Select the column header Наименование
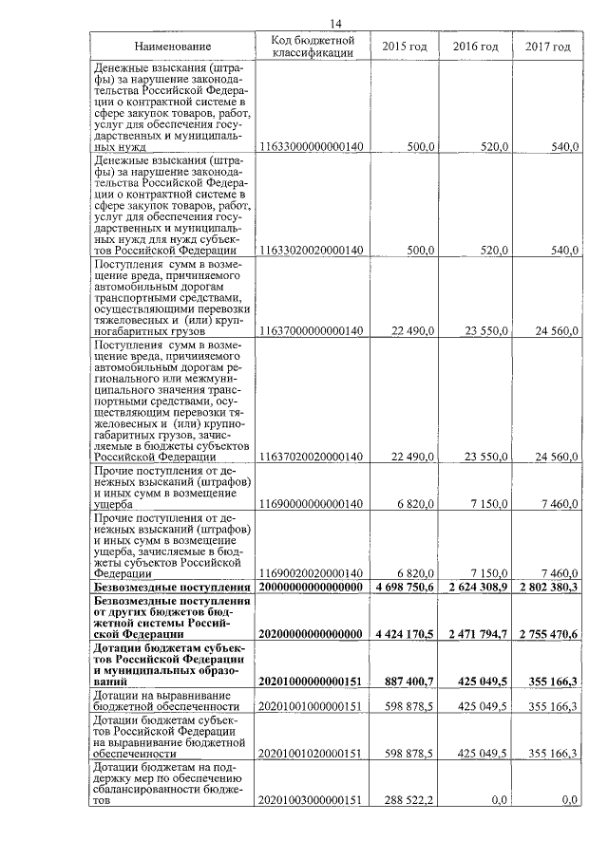point(172,47)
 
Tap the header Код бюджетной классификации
point(312,47)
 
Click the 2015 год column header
point(405,47)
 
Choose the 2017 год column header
point(547,47)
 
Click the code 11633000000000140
point(312,147)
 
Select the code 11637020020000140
point(312,457)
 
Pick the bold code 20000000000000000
point(312,588)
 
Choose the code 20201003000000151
point(312,801)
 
